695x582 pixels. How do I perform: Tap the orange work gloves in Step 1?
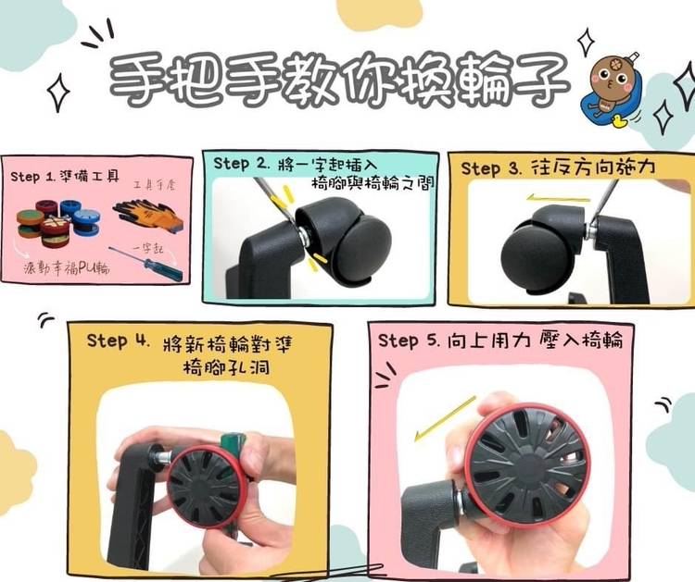click(148, 215)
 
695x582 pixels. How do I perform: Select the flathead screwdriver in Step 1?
click(145, 264)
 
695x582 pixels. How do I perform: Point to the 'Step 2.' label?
click(242, 164)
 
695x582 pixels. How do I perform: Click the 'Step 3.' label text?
click(490, 168)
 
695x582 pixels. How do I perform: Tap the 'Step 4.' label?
click(118, 341)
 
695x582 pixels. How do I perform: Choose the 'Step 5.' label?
click(409, 341)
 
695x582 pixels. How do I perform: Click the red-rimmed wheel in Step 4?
click(208, 487)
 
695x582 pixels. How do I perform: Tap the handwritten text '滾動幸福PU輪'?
click(67, 267)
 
